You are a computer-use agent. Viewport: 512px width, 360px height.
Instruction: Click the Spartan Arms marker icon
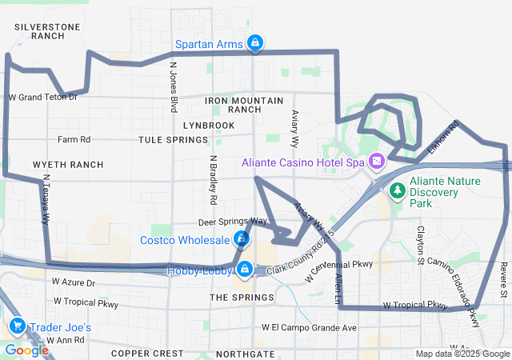pyautogui.click(x=254, y=42)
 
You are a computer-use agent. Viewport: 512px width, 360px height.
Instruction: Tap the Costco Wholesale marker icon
pyautogui.click(x=241, y=238)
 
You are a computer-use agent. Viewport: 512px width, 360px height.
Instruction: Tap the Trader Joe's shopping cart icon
pyautogui.click(x=16, y=326)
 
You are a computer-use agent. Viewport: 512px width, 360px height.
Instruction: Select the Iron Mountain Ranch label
pyautogui.click(x=244, y=105)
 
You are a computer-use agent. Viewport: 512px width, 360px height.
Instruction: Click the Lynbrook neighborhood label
pyautogui.click(x=208, y=126)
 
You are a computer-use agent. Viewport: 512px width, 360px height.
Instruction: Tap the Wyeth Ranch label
pyautogui.click(x=68, y=165)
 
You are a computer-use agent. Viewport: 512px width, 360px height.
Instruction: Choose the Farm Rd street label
pyautogui.click(x=74, y=139)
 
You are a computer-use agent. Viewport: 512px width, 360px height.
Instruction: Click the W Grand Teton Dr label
pyautogui.click(x=42, y=98)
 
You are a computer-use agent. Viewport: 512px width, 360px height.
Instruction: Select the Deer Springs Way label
pyautogui.click(x=233, y=221)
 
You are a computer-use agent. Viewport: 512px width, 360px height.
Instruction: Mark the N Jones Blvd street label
pyautogui.click(x=172, y=88)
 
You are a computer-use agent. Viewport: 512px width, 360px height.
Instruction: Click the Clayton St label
pyautogui.click(x=420, y=244)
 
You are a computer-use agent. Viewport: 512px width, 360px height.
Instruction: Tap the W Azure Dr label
pyautogui.click(x=74, y=282)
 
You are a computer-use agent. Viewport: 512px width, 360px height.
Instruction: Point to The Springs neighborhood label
pyautogui.click(x=242, y=298)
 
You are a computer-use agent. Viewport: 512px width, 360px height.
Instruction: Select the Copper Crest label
pyautogui.click(x=147, y=353)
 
